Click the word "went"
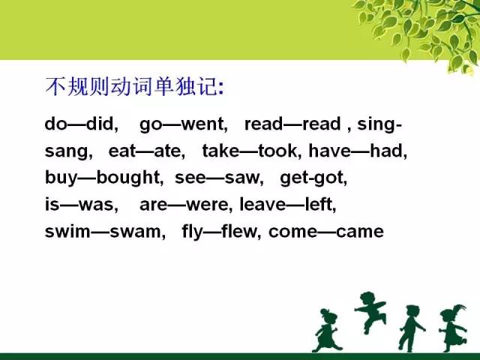coord(205,124)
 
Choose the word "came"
coord(360,232)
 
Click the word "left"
coord(321,204)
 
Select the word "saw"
coord(244,178)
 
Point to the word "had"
coord(388,151)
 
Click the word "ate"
coord(169,151)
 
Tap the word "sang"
coord(69,151)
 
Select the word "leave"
coord(262,204)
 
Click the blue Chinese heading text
coord(135,87)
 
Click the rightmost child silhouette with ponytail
coord(453,328)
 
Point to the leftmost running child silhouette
coord(327,331)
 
